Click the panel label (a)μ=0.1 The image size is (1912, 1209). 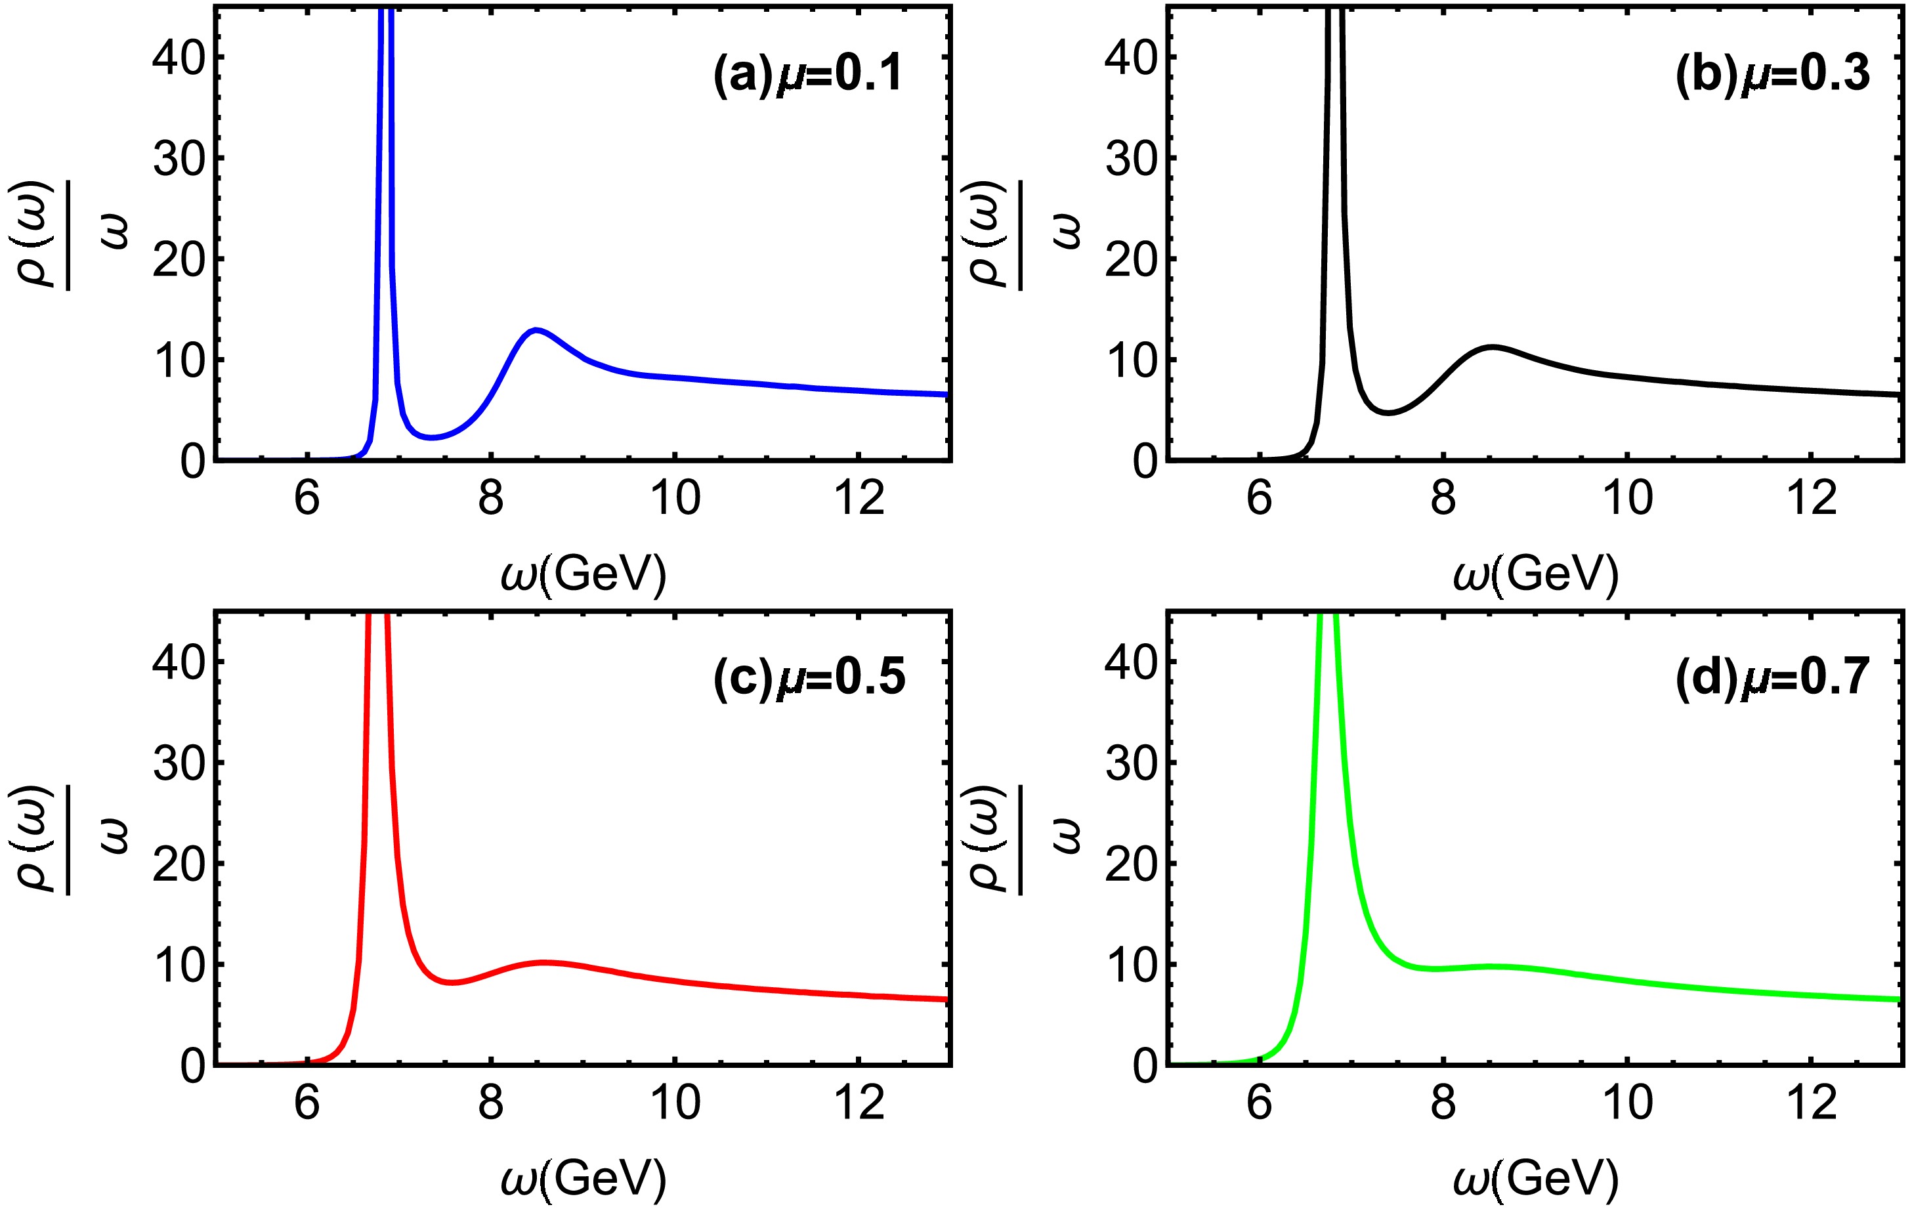[x=807, y=75]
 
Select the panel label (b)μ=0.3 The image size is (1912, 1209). [x=1772, y=75]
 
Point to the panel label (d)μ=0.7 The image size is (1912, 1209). [x=1772, y=679]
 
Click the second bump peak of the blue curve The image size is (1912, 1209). [x=537, y=329]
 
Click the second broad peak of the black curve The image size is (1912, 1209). [x=1493, y=347]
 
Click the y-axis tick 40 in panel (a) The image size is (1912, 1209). [x=178, y=58]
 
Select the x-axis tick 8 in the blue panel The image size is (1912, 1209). [x=491, y=499]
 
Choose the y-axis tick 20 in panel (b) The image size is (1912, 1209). [x=1131, y=259]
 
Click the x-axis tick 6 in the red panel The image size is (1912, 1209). [x=307, y=1103]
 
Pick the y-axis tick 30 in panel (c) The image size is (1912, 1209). [x=178, y=763]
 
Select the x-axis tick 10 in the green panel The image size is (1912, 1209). [x=1628, y=1103]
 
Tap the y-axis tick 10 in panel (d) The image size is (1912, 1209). [x=1131, y=965]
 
